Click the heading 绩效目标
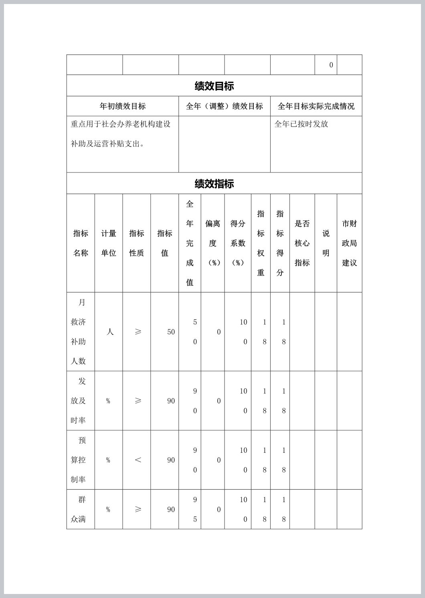pos(214,86)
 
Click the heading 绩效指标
pos(214,184)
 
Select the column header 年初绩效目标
pos(123,106)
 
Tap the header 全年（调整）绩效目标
pos(225,106)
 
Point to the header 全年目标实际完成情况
pos(316,106)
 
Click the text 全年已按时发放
pos(301,124)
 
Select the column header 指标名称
pos(81,243)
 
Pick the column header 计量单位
pos(109,243)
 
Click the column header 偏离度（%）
pos(213,243)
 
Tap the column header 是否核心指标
pos(302,243)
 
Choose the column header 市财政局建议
pos(349,243)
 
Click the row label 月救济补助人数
pos(79,332)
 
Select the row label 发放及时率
pos(79,401)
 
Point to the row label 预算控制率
pos(79,460)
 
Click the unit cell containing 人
pos(110,332)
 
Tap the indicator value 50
pos(171,332)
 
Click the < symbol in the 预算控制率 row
pos(138,460)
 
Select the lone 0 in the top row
pos(331,65)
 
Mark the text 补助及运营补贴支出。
pos(107,144)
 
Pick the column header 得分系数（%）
pos(238,243)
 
